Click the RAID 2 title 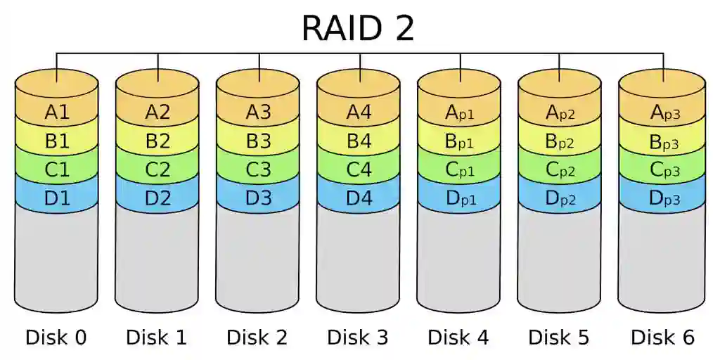358,28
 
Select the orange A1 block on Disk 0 57,112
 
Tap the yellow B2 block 157,141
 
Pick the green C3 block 258,169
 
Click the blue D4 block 359,198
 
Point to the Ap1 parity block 460,112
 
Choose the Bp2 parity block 560,141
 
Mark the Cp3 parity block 662,169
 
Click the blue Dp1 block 460,198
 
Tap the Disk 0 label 56,337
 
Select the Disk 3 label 358,337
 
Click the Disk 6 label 662,337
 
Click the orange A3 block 258,112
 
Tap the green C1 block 57,169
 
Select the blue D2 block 157,198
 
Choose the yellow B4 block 359,141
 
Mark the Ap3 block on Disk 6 662,112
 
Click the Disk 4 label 458,337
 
